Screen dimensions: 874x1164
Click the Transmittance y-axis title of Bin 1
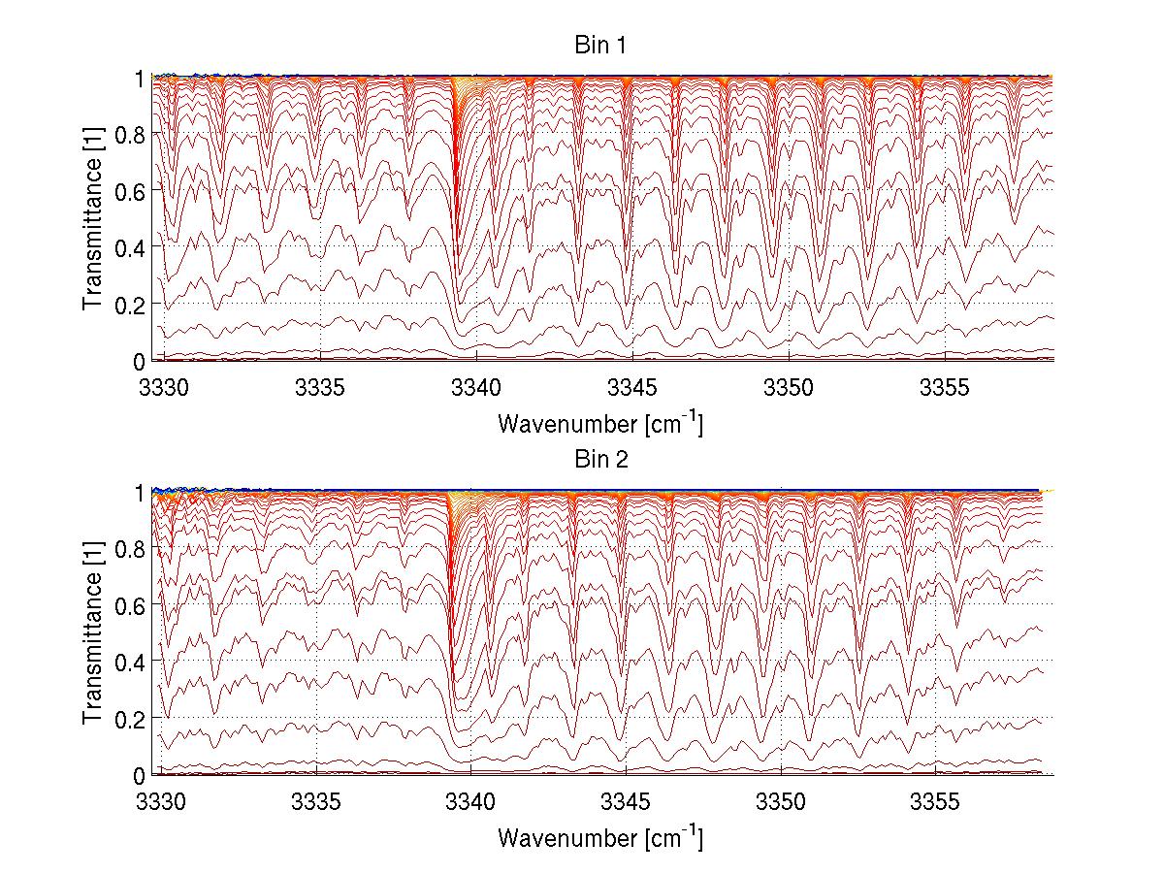pos(93,217)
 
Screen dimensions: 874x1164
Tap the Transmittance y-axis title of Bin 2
pos(93,631)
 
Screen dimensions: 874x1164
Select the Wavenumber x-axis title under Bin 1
pos(599,424)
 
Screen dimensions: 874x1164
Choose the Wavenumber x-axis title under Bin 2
pos(599,837)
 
